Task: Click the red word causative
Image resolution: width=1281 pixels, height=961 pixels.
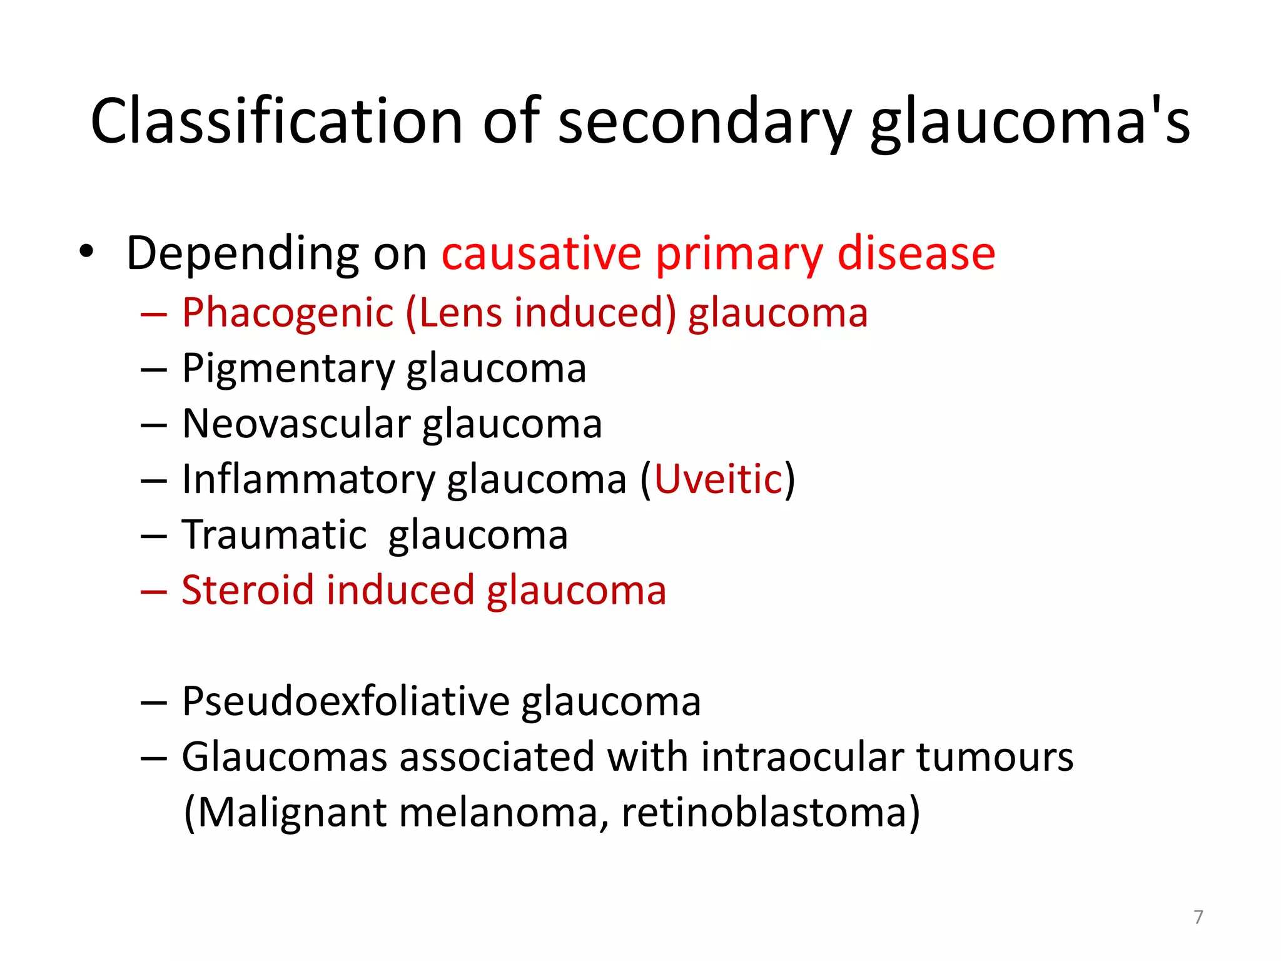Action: point(542,253)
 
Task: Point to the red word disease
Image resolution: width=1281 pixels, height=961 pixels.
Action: point(916,253)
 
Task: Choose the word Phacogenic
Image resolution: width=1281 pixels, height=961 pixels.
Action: point(288,313)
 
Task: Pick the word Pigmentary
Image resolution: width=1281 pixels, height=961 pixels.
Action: point(288,369)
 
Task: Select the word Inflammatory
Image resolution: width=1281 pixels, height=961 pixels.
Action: point(307,480)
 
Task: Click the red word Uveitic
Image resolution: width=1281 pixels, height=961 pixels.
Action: point(718,480)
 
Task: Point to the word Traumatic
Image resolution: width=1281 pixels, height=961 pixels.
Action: point(274,536)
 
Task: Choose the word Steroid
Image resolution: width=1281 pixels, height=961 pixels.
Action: point(248,591)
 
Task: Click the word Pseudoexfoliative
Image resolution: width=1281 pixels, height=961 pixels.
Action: point(345,701)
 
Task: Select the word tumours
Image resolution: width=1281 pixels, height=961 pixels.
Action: point(995,757)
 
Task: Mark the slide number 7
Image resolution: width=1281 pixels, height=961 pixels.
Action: point(1198,917)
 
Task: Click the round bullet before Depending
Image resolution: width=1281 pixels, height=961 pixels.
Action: point(86,252)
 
